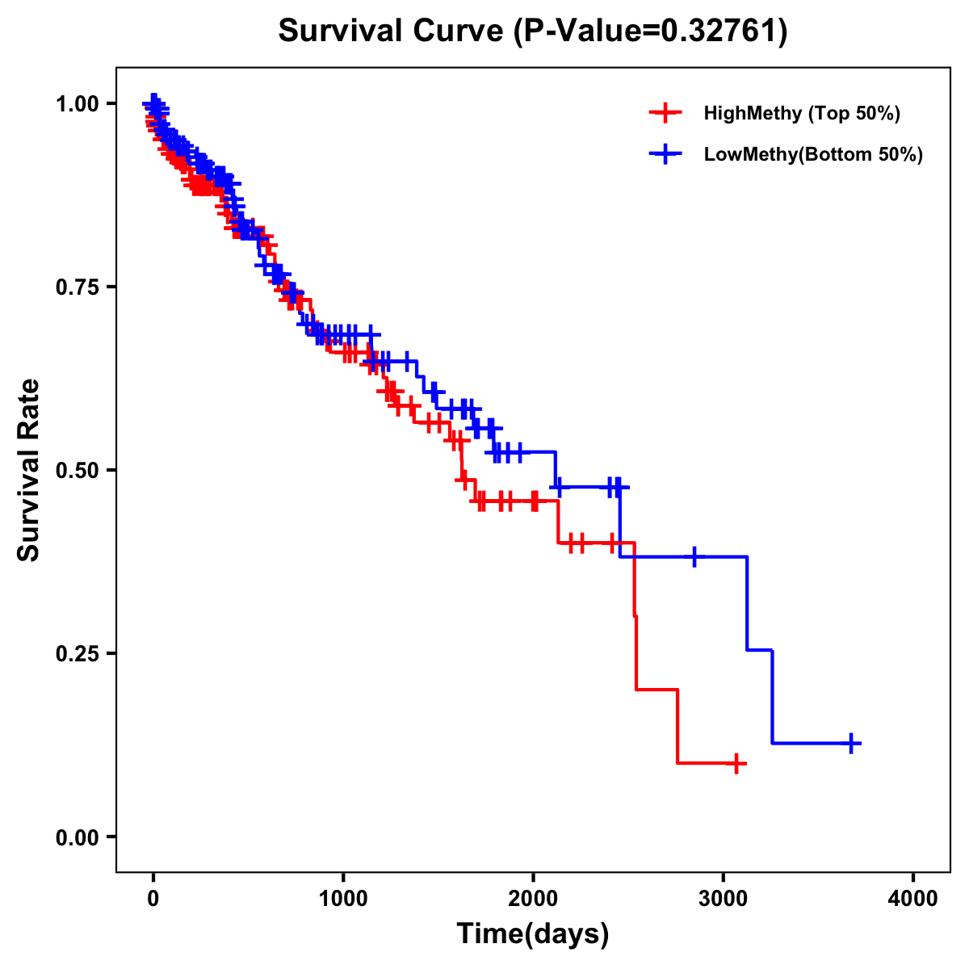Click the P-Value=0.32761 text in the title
(x=652, y=31)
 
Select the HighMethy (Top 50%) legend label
(x=801, y=113)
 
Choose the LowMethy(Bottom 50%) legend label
(x=813, y=155)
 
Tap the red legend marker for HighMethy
(x=665, y=113)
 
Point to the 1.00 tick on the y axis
(x=77, y=103)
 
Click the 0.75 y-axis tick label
(x=77, y=287)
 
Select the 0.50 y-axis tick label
(x=77, y=470)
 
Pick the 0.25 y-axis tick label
(x=77, y=653)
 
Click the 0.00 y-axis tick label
(x=77, y=837)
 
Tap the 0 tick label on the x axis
(x=153, y=899)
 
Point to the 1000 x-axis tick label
(x=343, y=899)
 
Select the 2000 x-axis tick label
(x=533, y=899)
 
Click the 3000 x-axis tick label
(x=724, y=899)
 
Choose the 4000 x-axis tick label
(x=913, y=899)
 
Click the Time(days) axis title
(x=533, y=934)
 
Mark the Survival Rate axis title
(x=29, y=470)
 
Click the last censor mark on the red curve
(x=736, y=763)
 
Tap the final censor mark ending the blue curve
(x=851, y=743)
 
